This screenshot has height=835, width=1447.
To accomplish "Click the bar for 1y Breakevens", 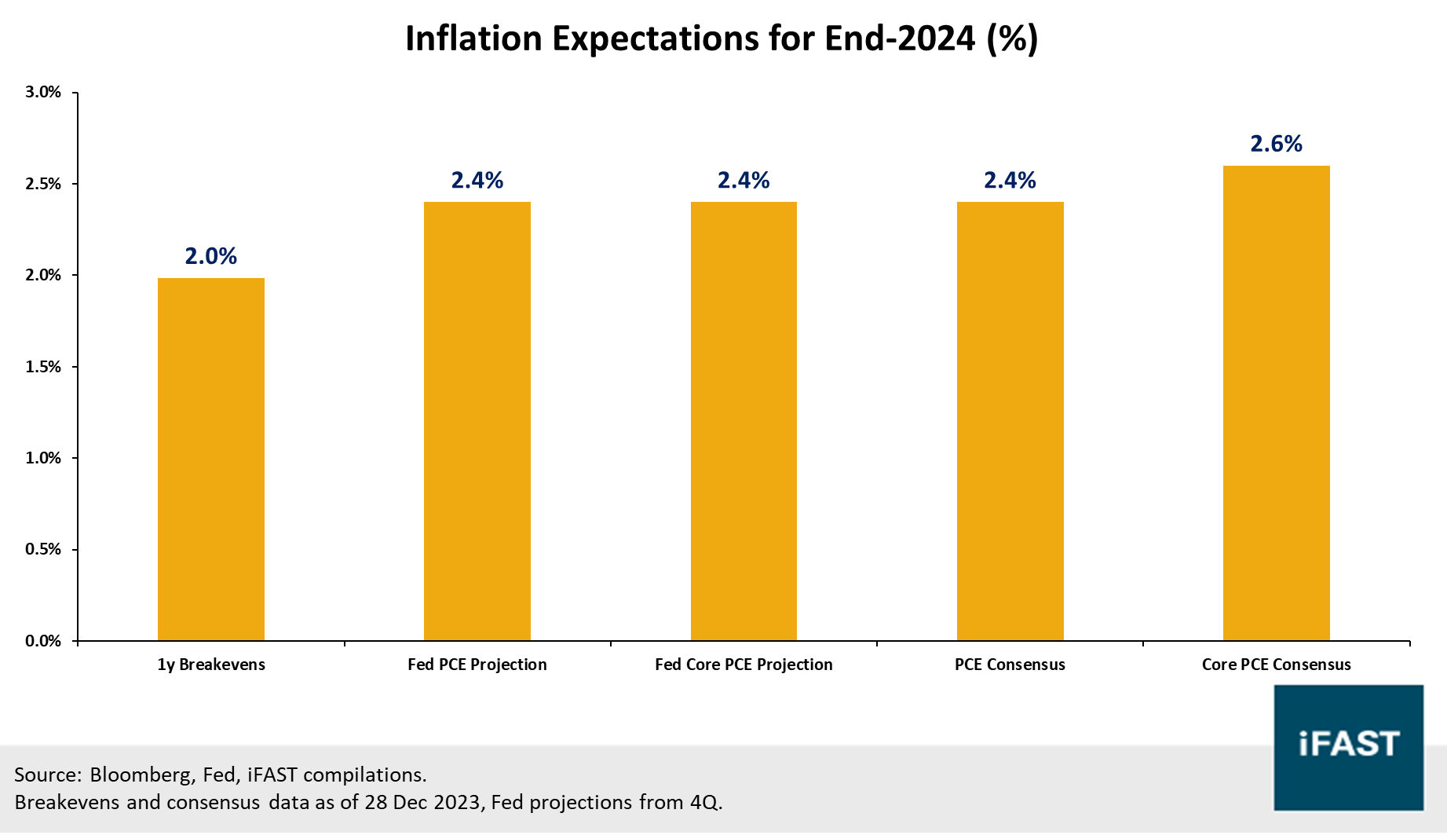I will coord(210,460).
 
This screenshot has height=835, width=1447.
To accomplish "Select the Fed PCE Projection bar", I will coord(477,422).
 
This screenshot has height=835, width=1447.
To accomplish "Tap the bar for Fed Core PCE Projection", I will coord(744,422).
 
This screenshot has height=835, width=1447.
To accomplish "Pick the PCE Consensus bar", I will coord(1010,422).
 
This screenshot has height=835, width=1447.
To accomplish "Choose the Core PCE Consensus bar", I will coord(1276,403).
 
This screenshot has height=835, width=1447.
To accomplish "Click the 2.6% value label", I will coord(1276,144).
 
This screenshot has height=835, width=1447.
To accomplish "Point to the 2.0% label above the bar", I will coord(210,256).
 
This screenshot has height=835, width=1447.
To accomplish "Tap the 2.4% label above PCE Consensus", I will coord(1010,181).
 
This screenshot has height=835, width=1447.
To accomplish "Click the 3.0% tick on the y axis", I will coord(43,92).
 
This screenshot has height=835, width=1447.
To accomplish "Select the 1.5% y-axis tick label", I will coord(43,367).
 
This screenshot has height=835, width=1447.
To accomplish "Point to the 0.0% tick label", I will coord(43,641).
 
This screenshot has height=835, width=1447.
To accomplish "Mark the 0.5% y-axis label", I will coord(43,549).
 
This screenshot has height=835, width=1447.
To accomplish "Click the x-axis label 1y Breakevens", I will coord(211,665).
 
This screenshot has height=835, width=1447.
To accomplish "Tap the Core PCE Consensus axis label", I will coord(1276,665).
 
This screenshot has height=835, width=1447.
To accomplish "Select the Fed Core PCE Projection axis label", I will coord(744,665).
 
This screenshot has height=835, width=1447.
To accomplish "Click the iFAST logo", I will coord(1348,747).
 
